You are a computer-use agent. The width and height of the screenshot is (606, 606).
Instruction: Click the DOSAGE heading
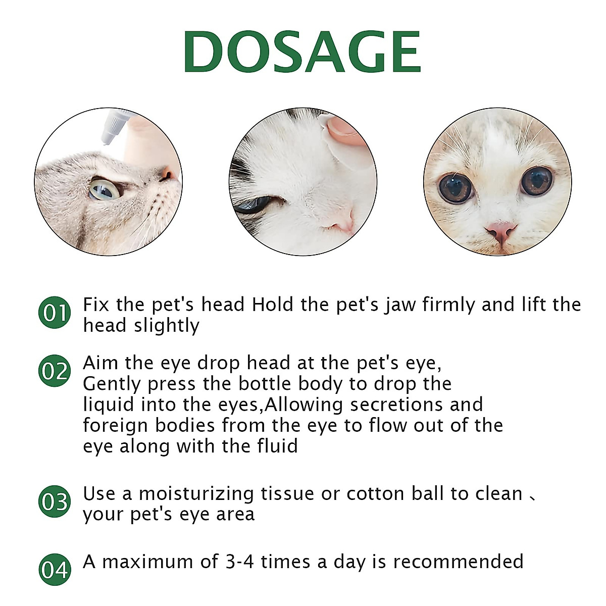coord(302,53)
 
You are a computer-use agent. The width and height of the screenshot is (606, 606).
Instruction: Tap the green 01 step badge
coord(54,313)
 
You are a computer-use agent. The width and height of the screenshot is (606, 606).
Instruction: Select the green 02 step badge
coord(54,371)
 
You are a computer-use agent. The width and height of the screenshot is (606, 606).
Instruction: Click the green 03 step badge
coord(54,502)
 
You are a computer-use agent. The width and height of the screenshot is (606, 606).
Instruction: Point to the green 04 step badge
coord(54,570)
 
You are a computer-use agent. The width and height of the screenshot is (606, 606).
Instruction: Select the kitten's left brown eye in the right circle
coord(456,188)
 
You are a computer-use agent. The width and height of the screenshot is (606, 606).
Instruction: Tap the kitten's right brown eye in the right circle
coord(536,181)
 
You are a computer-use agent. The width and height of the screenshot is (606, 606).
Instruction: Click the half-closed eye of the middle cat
coord(252,205)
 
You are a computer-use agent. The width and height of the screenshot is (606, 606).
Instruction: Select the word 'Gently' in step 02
coord(113,385)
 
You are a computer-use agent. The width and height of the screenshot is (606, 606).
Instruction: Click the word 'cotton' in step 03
coord(376,493)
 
